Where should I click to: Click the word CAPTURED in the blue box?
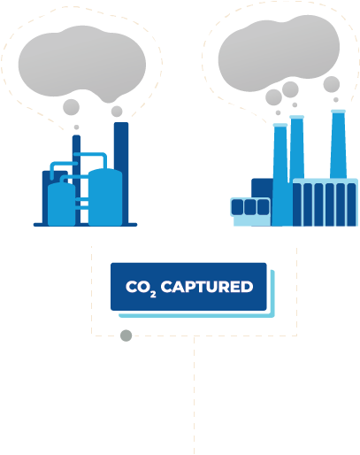pyautogui.click(x=207, y=287)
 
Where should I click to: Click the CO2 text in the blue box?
pyautogui.click(x=141, y=288)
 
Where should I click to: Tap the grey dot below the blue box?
pyautogui.click(x=126, y=335)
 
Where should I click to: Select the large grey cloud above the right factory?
pyautogui.click(x=279, y=53)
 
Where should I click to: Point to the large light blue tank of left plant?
pyautogui.click(x=105, y=197)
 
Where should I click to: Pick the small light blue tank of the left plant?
pyautogui.click(x=61, y=204)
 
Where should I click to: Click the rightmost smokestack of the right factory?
pyautogui.click(x=338, y=144)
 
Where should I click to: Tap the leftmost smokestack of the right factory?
pyautogui.click(x=280, y=174)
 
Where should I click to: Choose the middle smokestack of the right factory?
pyautogui.click(x=296, y=148)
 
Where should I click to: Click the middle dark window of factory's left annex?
pyautogui.click(x=250, y=207)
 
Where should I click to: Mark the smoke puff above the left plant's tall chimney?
pyautogui.click(x=117, y=112)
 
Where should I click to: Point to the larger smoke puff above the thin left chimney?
pyautogui.click(x=71, y=107)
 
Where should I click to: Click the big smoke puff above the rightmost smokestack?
pyautogui.click(x=332, y=84)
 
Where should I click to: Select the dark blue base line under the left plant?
pyautogui.click(x=85, y=225)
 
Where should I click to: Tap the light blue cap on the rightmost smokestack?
pyautogui.click(x=338, y=112)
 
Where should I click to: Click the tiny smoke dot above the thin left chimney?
pyautogui.click(x=76, y=127)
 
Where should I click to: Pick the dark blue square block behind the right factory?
pyautogui.click(x=263, y=189)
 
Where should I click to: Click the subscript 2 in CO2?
pyautogui.click(x=153, y=294)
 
